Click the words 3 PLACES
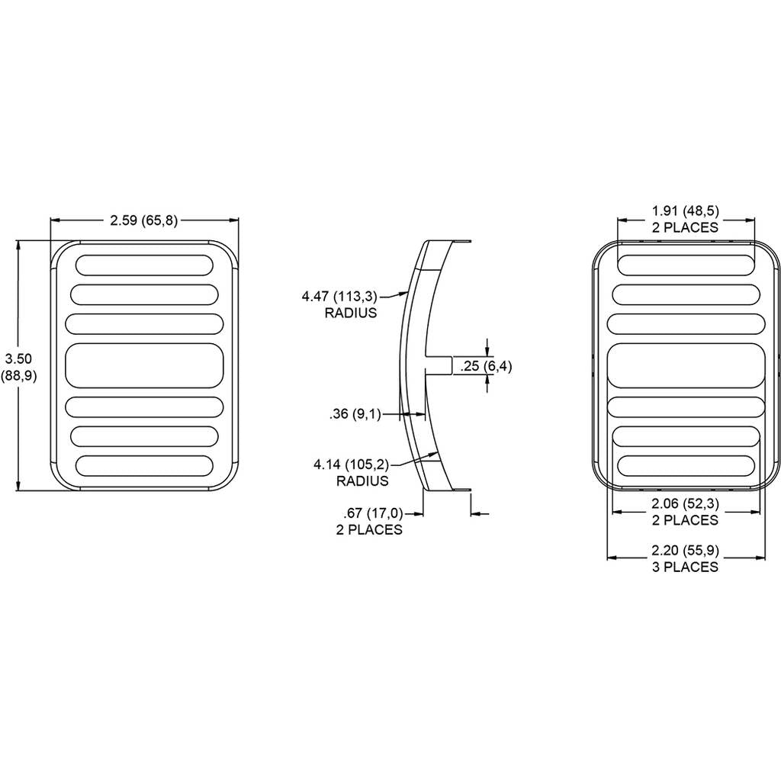(686, 567)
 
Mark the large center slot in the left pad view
(144, 365)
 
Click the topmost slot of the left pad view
(144, 265)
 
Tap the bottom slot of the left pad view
(144, 465)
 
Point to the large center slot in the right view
(686, 365)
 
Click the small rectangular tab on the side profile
(439, 365)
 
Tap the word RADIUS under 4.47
(351, 313)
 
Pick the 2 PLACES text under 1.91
(686, 227)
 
